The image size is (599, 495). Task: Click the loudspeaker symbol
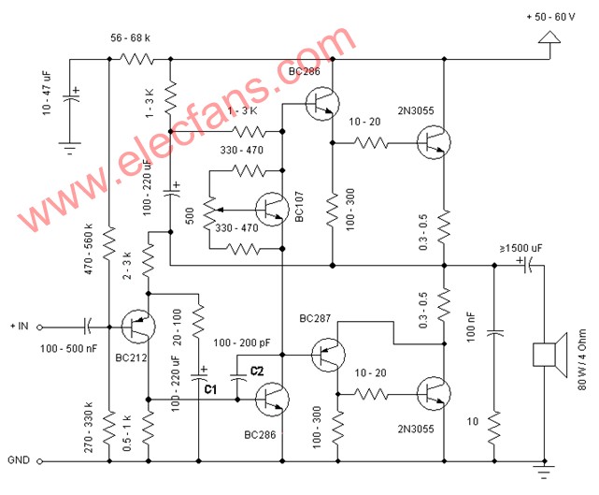pyautogui.click(x=549, y=356)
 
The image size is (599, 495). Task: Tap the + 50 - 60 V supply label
pyautogui.click(x=550, y=17)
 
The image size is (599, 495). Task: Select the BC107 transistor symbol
pyautogui.click(x=272, y=209)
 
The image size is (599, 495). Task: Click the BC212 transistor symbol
pyautogui.click(x=138, y=327)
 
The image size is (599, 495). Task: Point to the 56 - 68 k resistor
pyautogui.click(x=136, y=59)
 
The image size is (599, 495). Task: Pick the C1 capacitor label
pyautogui.click(x=210, y=389)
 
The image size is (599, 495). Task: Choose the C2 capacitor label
pyautogui.click(x=257, y=371)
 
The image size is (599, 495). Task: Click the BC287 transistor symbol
pyautogui.click(x=328, y=355)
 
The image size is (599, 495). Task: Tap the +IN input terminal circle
pyautogui.click(x=39, y=328)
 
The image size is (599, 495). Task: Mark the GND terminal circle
pyautogui.click(x=39, y=461)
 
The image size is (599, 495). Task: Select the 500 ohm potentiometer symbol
pyautogui.click(x=209, y=211)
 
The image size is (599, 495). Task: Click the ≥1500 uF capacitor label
pyautogui.click(x=521, y=248)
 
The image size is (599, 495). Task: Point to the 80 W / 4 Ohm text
pyautogui.click(x=582, y=359)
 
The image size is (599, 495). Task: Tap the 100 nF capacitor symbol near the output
pyautogui.click(x=494, y=333)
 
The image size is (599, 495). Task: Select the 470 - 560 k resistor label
pyautogui.click(x=88, y=249)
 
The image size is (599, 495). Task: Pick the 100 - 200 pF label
pyautogui.click(x=241, y=342)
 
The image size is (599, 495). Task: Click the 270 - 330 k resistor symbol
pyautogui.click(x=109, y=428)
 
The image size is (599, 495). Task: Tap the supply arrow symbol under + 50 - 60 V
pyautogui.click(x=549, y=37)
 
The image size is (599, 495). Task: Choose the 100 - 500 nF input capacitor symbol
pyautogui.click(x=88, y=328)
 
